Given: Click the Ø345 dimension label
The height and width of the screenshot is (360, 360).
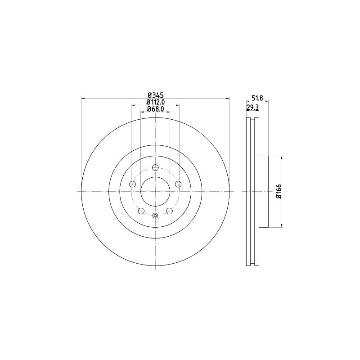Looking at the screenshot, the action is pyautogui.click(x=155, y=94).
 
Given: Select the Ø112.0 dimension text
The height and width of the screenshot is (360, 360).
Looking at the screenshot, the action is pyautogui.click(x=156, y=102).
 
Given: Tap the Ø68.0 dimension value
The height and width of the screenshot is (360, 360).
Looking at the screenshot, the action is pyautogui.click(x=155, y=109).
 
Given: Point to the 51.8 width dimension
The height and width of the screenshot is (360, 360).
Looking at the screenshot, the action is pyautogui.click(x=257, y=98).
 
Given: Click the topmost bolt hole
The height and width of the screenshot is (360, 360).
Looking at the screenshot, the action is pyautogui.click(x=155, y=167).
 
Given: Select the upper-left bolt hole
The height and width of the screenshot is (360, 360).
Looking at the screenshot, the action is pyautogui.click(x=133, y=184).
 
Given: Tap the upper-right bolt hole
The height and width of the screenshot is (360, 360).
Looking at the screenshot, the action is pyautogui.click(x=178, y=184).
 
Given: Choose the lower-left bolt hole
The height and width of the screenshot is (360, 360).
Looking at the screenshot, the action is pyautogui.click(x=141, y=211).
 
